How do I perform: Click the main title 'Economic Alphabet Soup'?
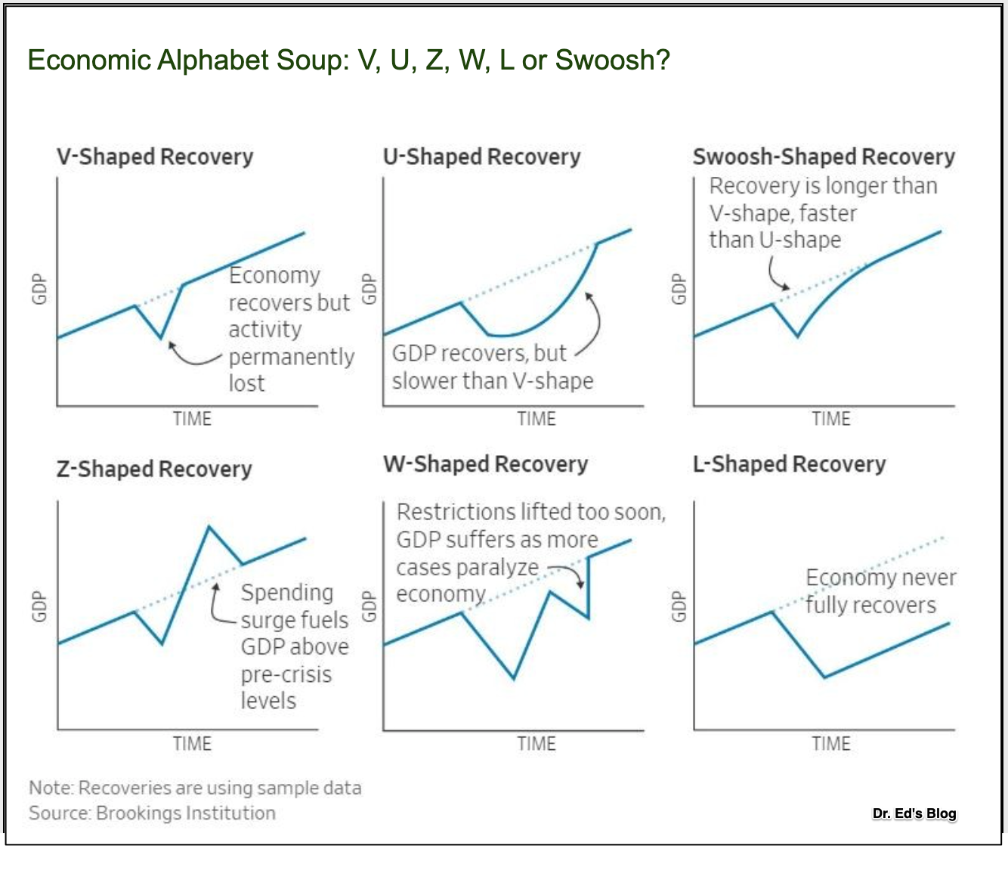(x=348, y=60)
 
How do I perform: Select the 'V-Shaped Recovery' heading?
(x=155, y=156)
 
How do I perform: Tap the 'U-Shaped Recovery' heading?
(x=481, y=156)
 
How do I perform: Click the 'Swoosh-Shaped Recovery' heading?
(x=824, y=156)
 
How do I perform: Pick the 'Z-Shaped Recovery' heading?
(x=154, y=469)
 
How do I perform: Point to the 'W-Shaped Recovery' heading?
(x=485, y=463)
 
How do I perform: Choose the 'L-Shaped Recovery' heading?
(x=789, y=463)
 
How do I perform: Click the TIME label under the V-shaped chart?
(x=192, y=419)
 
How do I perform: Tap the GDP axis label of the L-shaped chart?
(x=679, y=606)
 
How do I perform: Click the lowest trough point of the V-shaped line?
(x=161, y=337)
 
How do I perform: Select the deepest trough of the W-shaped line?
(x=514, y=678)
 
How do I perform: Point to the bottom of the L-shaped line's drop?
(x=824, y=677)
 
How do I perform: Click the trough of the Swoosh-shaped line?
(x=798, y=336)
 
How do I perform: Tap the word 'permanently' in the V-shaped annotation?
(x=291, y=357)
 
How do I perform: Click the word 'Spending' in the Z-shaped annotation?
(x=286, y=593)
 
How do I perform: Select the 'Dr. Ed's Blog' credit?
(x=914, y=813)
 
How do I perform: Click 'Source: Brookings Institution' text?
(x=152, y=813)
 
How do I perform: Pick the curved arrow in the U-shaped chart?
(x=594, y=325)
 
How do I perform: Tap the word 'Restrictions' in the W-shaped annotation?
(x=444, y=513)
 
